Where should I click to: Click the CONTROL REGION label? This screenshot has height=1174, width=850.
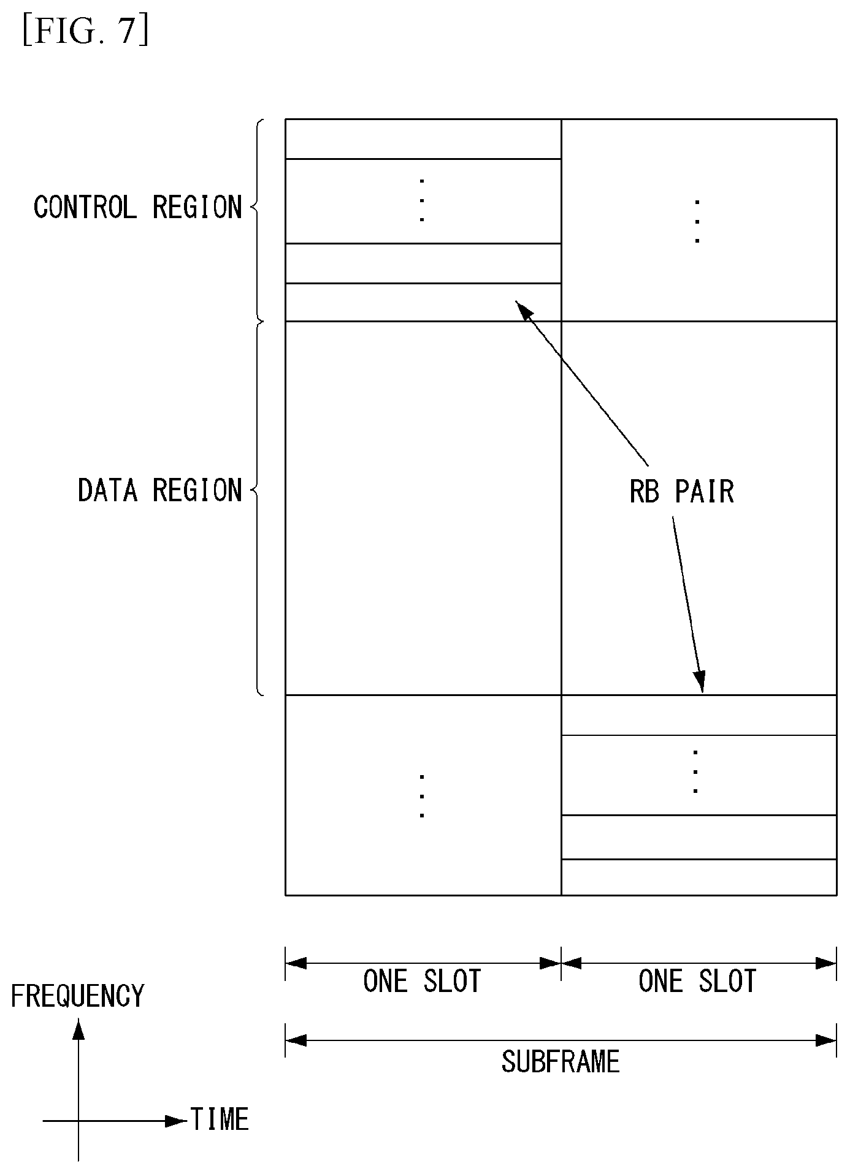[138, 207]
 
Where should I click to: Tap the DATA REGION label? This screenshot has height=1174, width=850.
[160, 490]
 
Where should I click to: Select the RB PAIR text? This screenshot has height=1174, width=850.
[681, 491]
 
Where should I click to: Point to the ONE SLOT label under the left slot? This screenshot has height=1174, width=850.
[422, 981]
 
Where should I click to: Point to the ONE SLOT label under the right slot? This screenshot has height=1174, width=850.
[697, 981]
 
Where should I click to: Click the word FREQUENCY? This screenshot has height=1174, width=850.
[77, 996]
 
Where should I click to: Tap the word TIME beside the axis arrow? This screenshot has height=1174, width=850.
[220, 1119]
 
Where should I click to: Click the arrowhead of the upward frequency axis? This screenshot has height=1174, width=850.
[78, 1029]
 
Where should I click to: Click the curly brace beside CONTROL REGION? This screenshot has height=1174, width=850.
[258, 220]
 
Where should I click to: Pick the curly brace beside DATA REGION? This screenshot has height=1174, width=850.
[258, 509]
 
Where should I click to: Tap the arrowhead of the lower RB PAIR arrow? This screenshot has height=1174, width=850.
[700, 682]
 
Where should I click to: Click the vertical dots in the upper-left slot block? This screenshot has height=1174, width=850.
[422, 200]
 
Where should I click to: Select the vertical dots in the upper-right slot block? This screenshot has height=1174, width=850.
[697, 221]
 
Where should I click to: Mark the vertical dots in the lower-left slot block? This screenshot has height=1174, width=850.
[422, 796]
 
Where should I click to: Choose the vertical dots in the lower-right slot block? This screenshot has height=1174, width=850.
[695, 771]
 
